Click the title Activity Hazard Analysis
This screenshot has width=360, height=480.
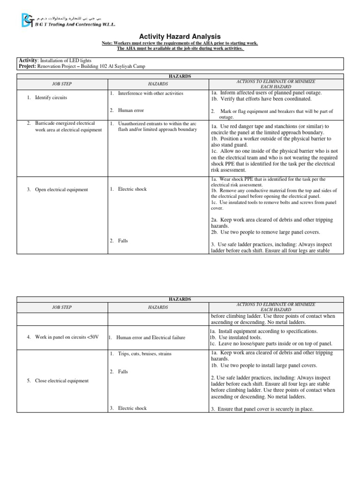pos(180,37)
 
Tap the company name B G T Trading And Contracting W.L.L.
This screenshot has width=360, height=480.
pos(75,24)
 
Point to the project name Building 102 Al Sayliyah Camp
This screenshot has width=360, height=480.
pos(108,67)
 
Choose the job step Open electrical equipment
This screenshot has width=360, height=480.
pos(61,189)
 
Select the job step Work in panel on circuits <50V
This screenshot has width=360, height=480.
pos(66,337)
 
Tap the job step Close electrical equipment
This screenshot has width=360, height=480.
pos(61,381)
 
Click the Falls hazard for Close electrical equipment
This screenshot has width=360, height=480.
pos(123,371)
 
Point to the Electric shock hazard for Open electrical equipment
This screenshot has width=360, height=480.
pos(132,189)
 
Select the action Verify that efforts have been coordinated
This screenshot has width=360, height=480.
pos(261,99)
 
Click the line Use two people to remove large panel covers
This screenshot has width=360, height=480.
pos(265,232)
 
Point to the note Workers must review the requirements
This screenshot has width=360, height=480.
pos(180,44)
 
